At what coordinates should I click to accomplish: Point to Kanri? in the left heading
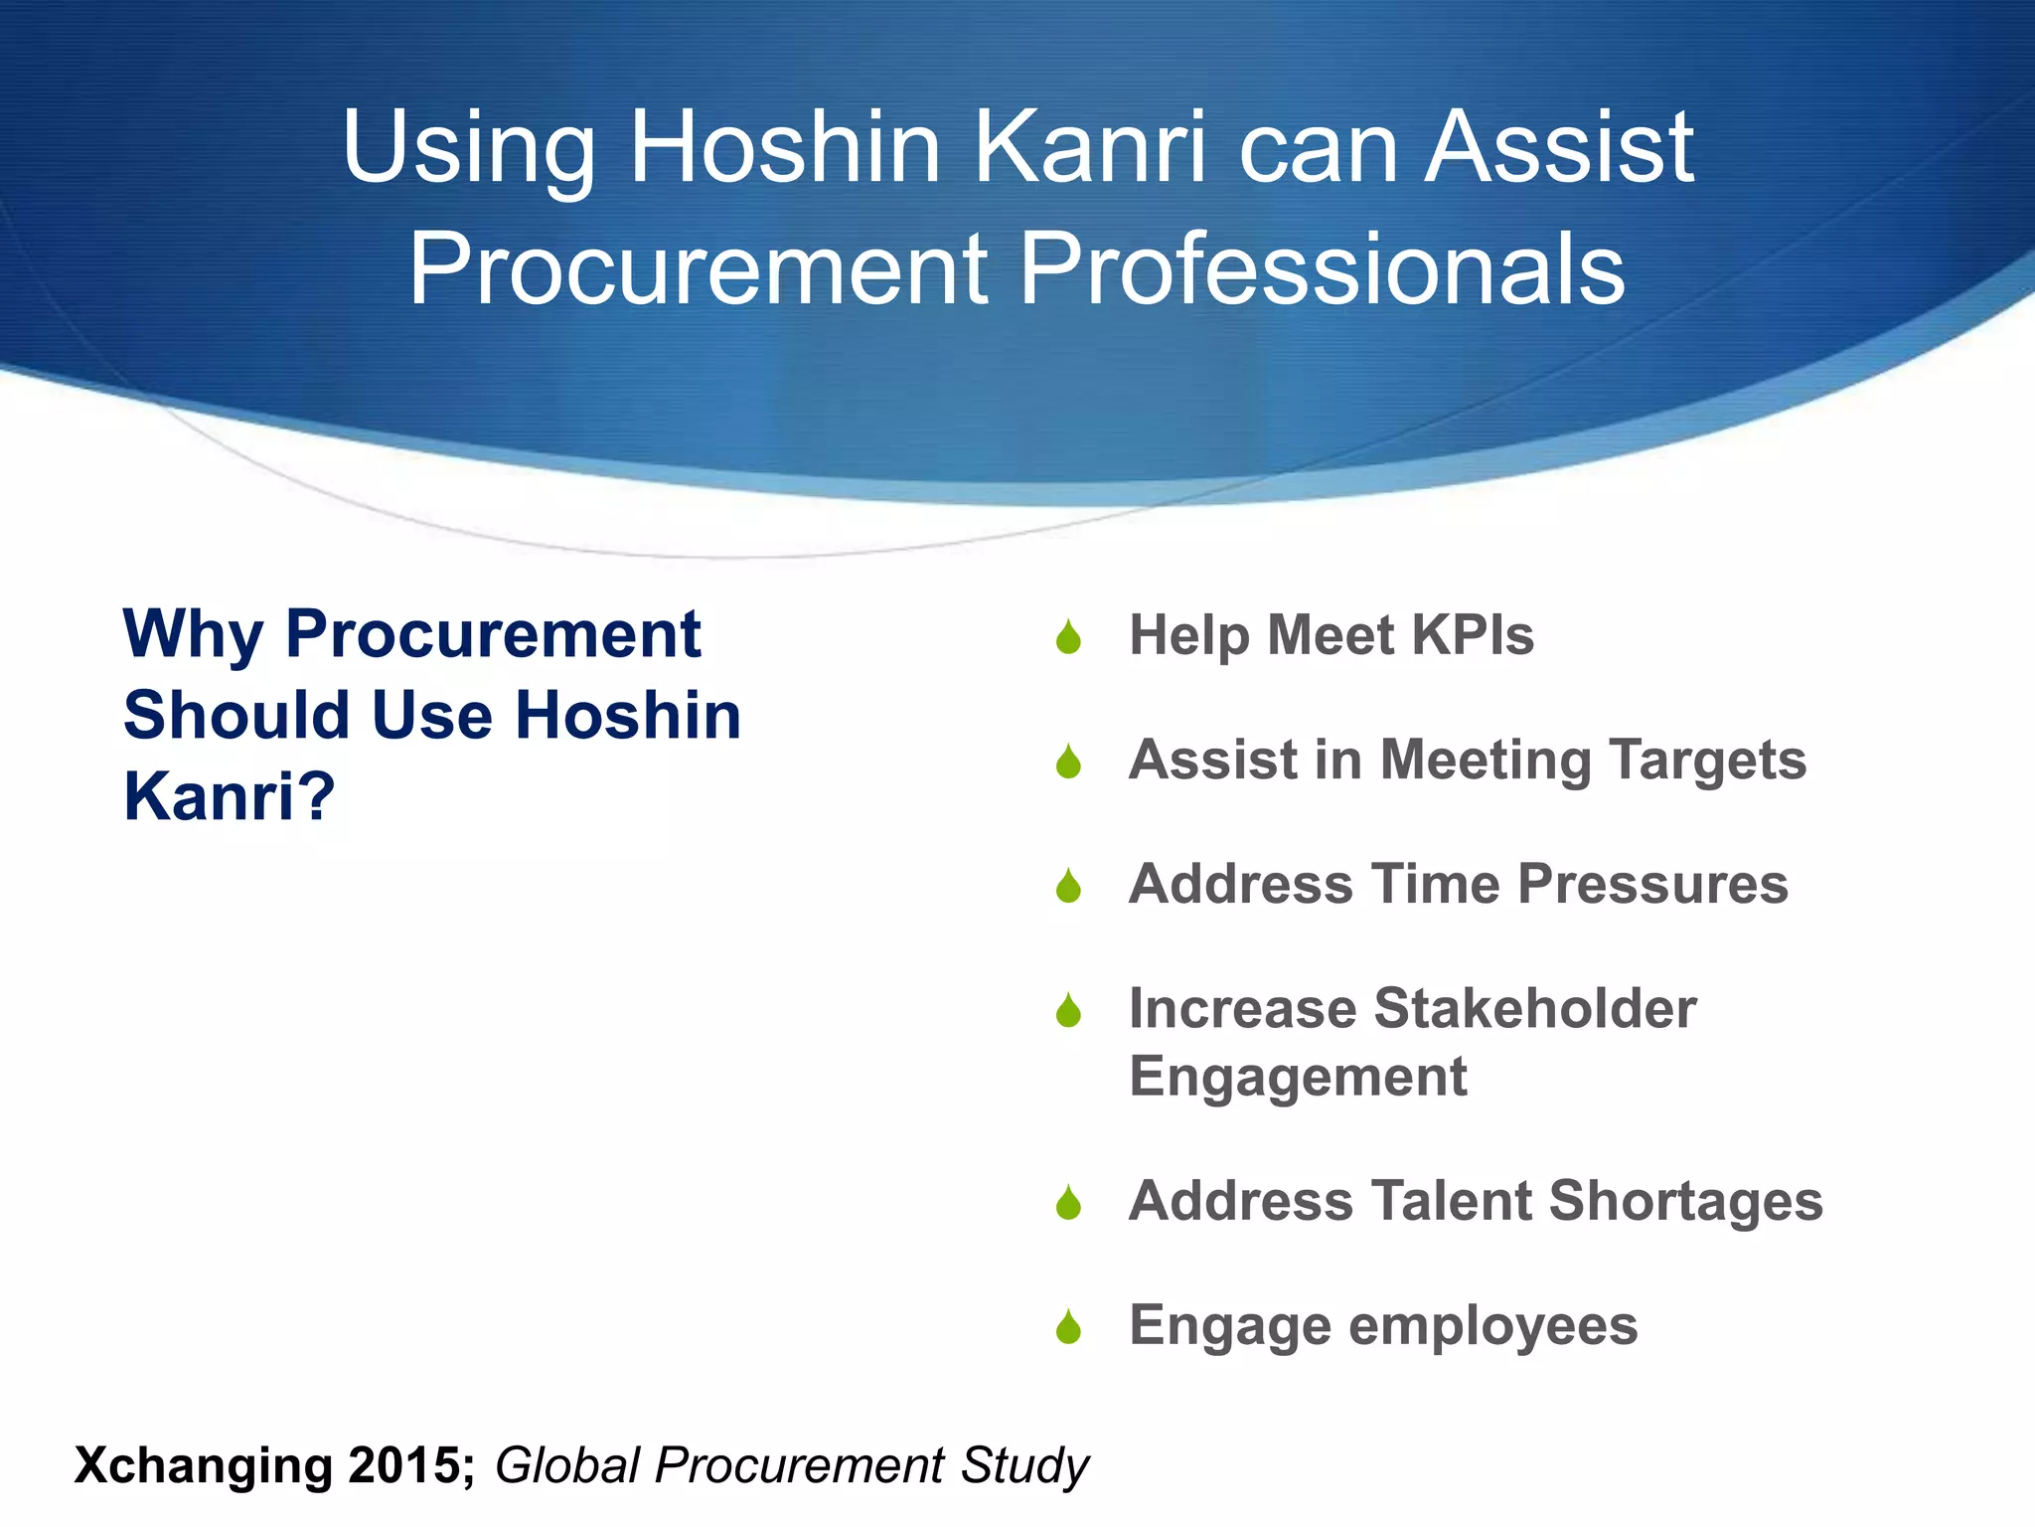[230, 797]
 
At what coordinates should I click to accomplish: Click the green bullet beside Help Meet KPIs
[1068, 637]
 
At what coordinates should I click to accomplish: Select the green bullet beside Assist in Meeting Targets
[1068, 763]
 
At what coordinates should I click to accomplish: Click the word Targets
[1707, 762]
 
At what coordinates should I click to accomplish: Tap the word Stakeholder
[1534, 1009]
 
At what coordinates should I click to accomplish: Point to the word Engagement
[1298, 1078]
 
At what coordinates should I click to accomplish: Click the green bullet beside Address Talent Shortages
[1068, 1203]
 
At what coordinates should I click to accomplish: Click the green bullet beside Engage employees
[1068, 1327]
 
